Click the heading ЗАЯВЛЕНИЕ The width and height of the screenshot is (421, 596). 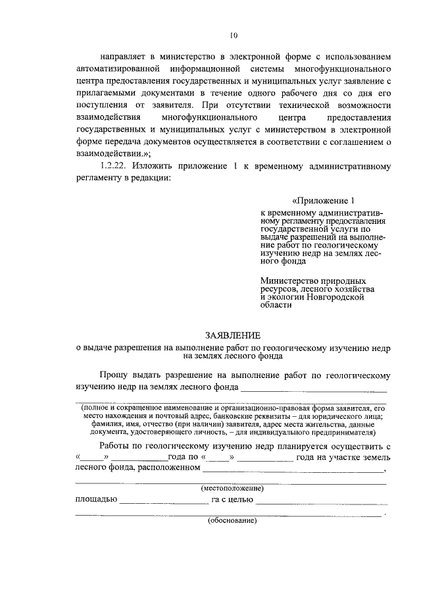(232, 335)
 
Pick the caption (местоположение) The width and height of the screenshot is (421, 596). (232, 489)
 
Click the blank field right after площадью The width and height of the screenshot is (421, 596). (163, 502)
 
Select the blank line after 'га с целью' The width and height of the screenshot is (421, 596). (321, 502)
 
